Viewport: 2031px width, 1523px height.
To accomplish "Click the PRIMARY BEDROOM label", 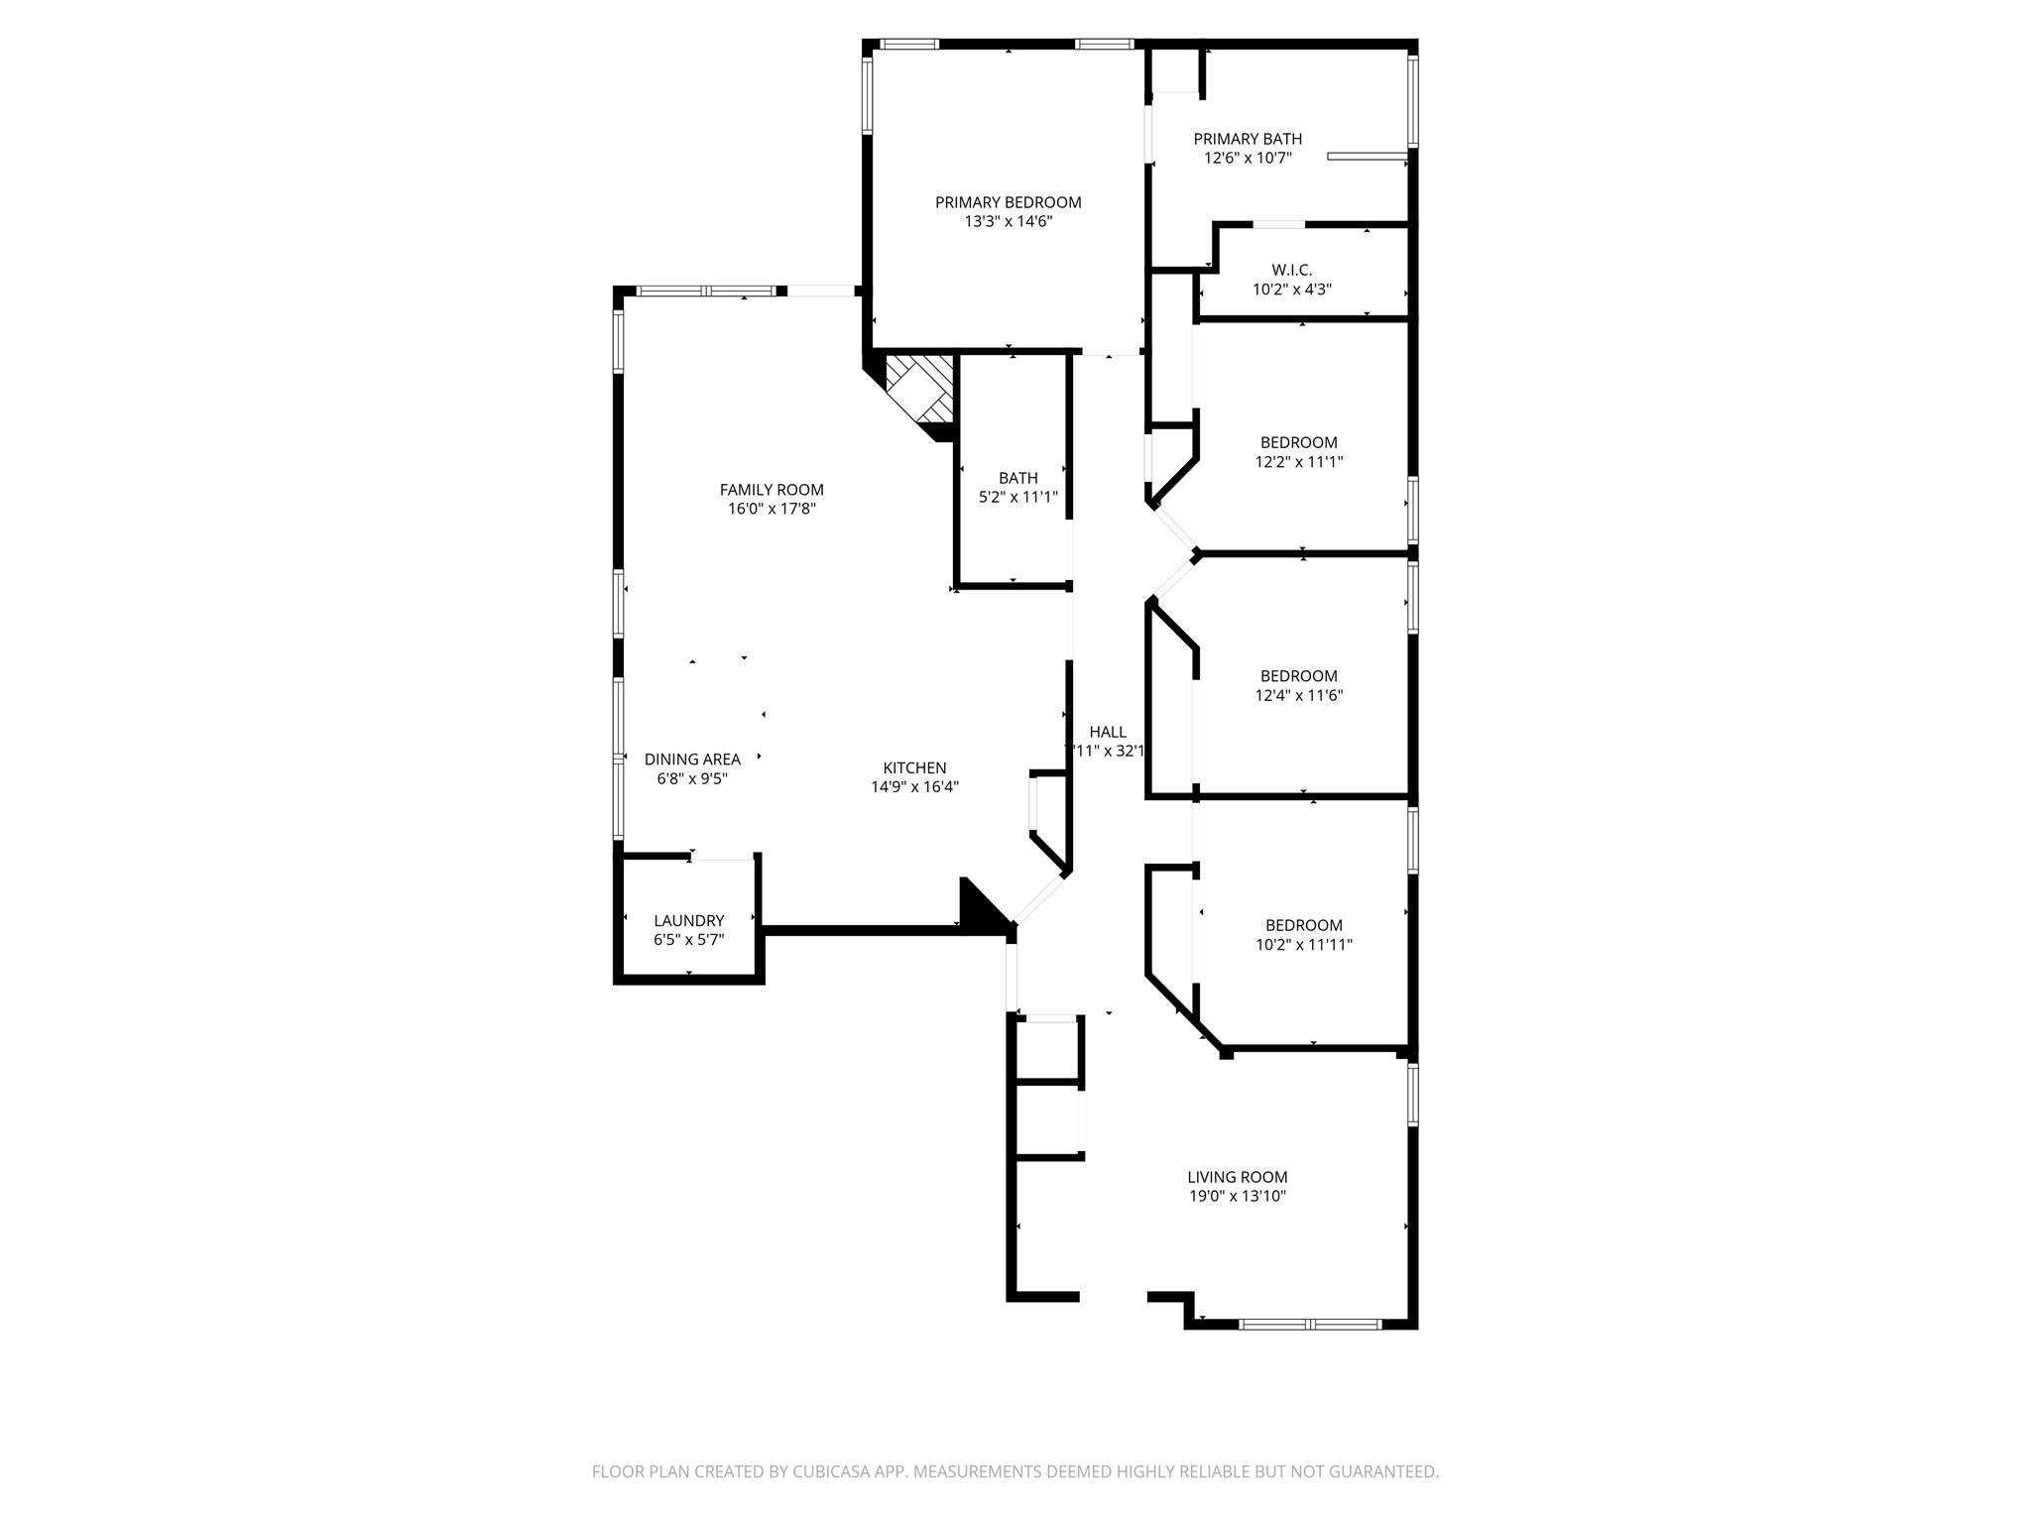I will [x=1008, y=202].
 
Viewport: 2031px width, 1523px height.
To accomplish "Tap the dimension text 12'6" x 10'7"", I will [x=1248, y=158].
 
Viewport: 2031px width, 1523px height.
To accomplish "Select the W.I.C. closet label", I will [x=1291, y=270].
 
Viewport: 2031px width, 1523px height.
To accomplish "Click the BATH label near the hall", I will [x=1017, y=478].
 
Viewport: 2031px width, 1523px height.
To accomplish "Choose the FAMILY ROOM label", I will [x=772, y=490].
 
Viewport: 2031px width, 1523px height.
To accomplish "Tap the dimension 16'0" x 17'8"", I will [x=772, y=509].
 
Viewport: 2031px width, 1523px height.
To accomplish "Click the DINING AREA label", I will [x=692, y=760].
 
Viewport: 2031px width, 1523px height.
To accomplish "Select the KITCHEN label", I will [x=914, y=767].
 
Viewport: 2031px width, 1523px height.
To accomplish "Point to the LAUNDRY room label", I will [x=688, y=920].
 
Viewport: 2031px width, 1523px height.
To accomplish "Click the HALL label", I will [x=1107, y=732].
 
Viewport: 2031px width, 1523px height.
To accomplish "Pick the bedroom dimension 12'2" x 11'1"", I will [x=1298, y=461].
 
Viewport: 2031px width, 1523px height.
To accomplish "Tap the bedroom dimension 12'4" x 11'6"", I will [x=1298, y=695].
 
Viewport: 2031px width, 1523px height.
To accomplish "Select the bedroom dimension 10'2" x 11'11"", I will [x=1303, y=945].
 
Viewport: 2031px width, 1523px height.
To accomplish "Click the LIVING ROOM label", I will [x=1237, y=1177].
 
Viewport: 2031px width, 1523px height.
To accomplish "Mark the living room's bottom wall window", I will [x=1310, y=1324].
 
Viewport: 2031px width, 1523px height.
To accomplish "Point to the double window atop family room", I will [x=706, y=291].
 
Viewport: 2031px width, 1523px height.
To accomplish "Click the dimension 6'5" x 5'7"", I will [x=688, y=939].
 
